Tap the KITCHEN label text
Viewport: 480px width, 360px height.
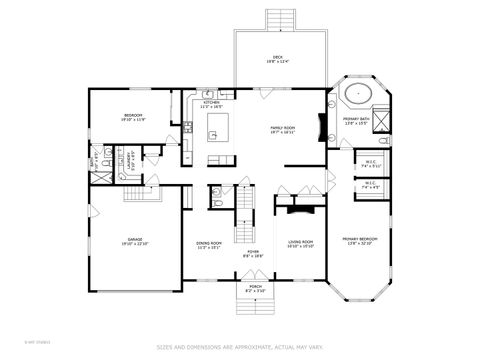click(x=212, y=103)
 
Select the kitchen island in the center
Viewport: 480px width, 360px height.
click(x=218, y=127)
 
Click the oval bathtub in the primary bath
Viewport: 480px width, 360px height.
click(x=358, y=96)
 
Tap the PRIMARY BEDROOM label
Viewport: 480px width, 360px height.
click(x=360, y=240)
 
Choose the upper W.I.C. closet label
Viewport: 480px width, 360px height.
click(x=369, y=164)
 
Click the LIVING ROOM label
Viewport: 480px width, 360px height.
click(x=301, y=243)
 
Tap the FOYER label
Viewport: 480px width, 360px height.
click(x=254, y=253)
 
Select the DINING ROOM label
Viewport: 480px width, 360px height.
click(x=209, y=244)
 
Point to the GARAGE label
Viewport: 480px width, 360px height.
click(x=135, y=241)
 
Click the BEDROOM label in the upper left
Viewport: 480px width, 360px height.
click(x=133, y=118)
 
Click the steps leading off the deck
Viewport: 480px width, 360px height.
click(x=278, y=20)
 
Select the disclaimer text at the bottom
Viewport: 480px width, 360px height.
click(x=240, y=347)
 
